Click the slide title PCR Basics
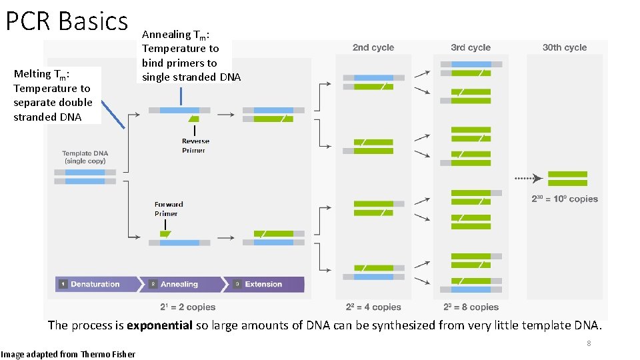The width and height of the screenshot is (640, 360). point(67,21)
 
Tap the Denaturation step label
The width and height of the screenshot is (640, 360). point(95,284)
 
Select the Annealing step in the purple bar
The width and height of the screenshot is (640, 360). point(179,284)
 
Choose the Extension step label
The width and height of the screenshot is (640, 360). point(263,284)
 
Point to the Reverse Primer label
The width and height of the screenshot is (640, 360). point(195,145)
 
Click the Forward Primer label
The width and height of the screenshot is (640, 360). point(169,209)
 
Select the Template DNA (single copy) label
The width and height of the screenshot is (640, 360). point(85,157)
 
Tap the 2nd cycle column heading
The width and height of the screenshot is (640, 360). point(373,47)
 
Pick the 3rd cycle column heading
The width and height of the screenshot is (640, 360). point(471,47)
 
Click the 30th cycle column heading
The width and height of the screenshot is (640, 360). point(565,47)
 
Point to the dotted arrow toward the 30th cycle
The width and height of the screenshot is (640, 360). point(528,179)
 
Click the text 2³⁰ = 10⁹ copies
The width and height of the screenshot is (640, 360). point(565,199)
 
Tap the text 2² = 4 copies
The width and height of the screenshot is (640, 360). point(373,307)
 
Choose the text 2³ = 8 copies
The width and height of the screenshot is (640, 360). point(471,307)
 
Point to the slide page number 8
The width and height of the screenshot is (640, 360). point(589,343)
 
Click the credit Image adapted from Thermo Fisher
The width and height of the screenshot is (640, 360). point(68,354)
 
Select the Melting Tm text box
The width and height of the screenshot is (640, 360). point(53,95)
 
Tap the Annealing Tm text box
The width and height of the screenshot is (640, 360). point(191,55)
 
